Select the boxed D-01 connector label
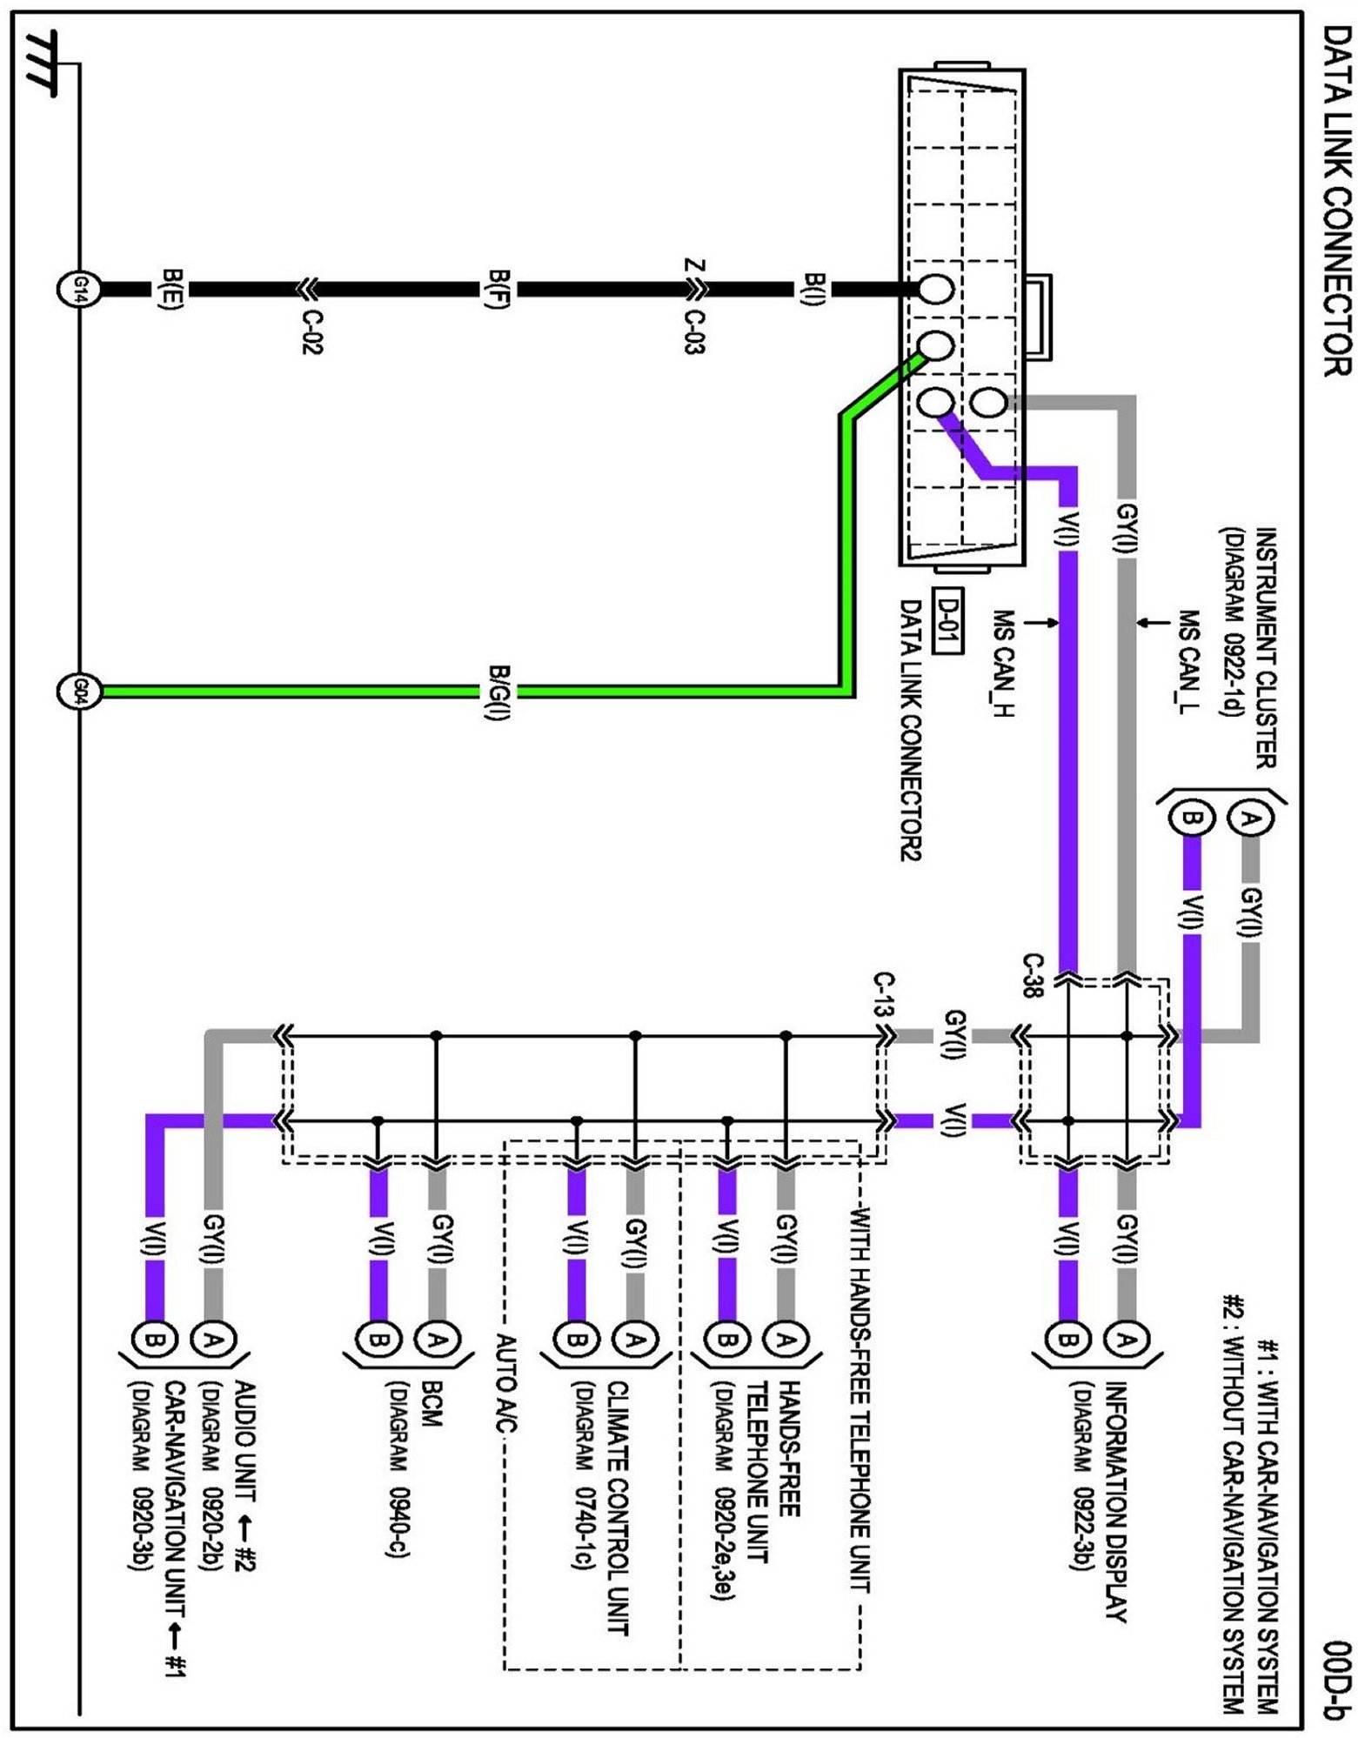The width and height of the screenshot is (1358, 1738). (x=947, y=620)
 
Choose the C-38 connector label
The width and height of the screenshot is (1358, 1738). (x=1032, y=975)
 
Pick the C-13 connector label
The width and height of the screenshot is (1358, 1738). (x=884, y=994)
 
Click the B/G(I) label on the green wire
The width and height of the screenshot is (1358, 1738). (x=498, y=692)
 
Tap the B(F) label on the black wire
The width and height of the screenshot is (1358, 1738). (x=498, y=289)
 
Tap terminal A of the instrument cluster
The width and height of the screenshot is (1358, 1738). (x=1250, y=819)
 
